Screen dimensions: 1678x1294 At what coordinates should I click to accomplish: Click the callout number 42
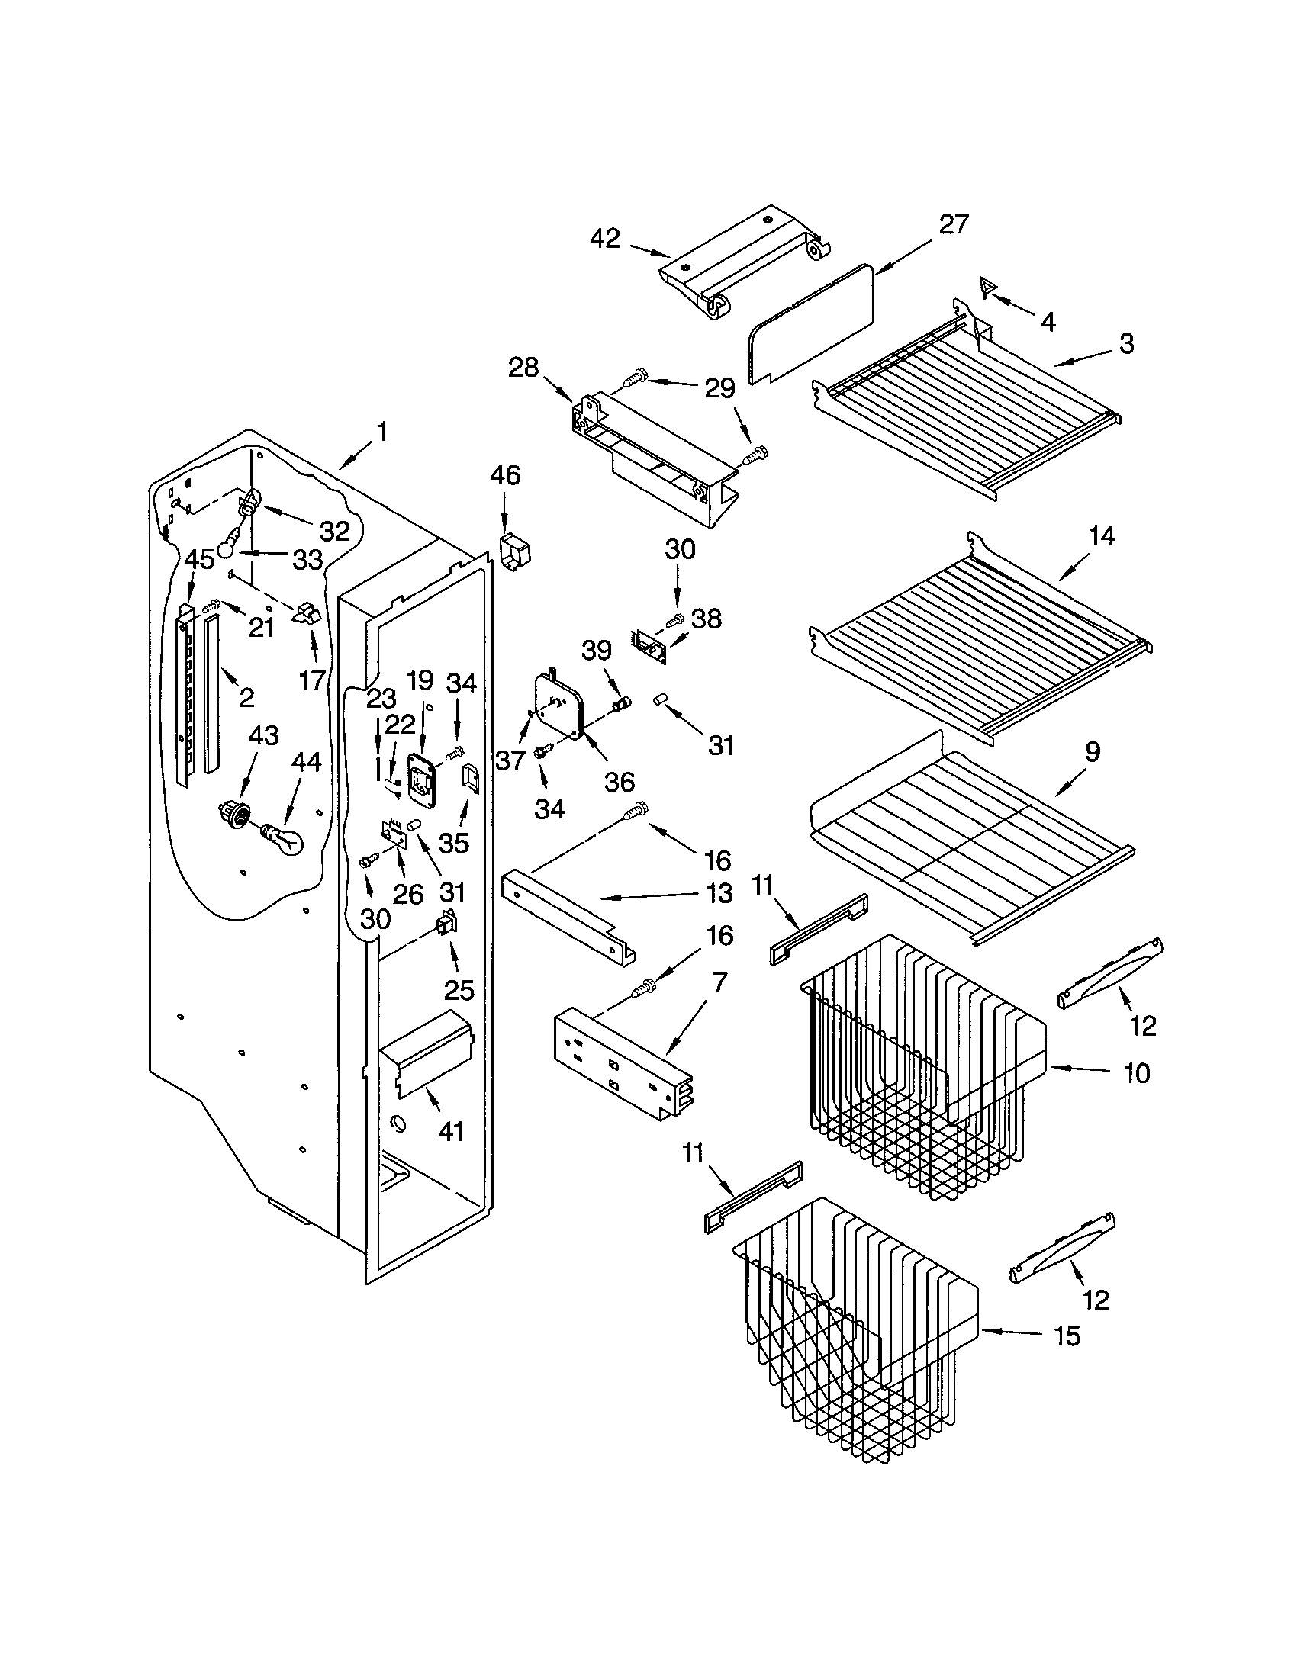click(x=605, y=238)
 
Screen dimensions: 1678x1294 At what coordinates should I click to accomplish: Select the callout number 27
click(x=953, y=223)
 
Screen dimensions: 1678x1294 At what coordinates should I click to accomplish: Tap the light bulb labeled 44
click(x=285, y=838)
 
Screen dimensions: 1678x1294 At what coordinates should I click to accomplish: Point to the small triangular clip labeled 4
click(x=988, y=288)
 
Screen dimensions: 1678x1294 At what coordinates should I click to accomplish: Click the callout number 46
click(x=505, y=475)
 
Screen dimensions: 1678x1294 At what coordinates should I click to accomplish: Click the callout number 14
click(x=1102, y=535)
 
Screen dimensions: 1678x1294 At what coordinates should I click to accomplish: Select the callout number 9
click(x=1091, y=751)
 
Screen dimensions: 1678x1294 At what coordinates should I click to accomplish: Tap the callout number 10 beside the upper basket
click(x=1137, y=1072)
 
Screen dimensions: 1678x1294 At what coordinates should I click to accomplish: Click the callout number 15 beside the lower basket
click(x=1067, y=1336)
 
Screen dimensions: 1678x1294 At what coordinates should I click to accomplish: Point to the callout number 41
click(x=451, y=1131)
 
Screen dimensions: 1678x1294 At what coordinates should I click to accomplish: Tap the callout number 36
click(x=620, y=781)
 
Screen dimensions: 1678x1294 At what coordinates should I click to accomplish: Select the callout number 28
click(x=523, y=368)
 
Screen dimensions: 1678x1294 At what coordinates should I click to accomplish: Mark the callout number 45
click(x=200, y=559)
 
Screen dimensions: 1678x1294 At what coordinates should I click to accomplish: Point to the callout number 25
click(x=459, y=989)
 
